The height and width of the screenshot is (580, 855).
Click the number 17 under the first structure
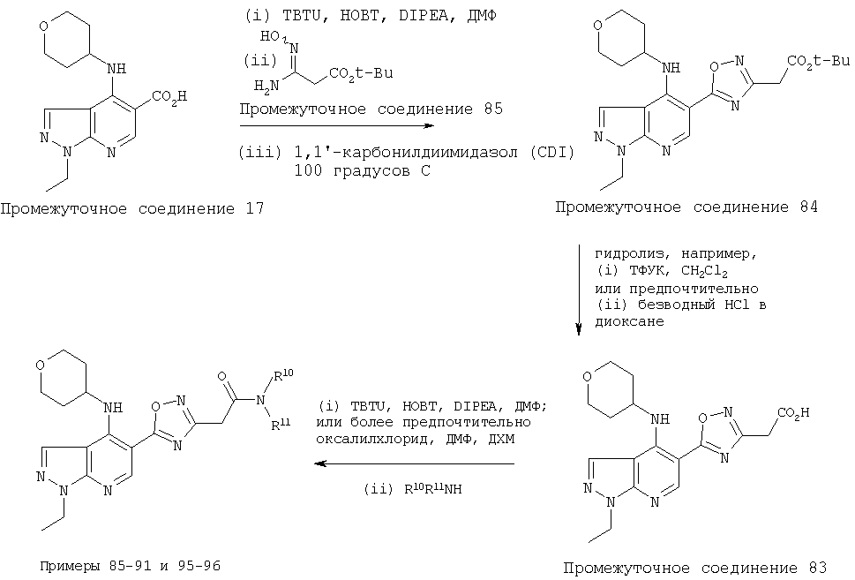pos(255,208)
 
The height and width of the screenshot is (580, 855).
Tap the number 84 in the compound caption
pos(809,207)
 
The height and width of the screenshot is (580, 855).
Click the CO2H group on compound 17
pos(169,98)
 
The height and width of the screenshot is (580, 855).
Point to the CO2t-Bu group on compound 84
pos(819,62)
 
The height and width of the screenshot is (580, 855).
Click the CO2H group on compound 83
pos(794,414)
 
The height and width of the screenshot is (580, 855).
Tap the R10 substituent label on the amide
pos(283,375)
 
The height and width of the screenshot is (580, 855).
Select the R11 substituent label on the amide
pos(281,423)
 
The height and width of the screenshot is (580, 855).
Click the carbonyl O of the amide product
pos(222,376)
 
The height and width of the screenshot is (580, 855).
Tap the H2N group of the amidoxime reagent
pos(266,85)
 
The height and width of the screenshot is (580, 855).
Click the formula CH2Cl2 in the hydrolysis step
pos(704,271)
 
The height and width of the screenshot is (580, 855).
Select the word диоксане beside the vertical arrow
pos(629,321)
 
